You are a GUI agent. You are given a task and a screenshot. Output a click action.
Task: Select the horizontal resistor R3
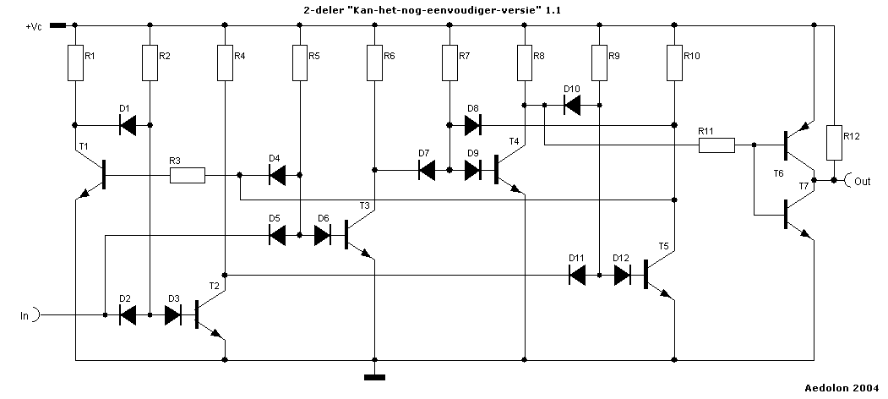coord(188,176)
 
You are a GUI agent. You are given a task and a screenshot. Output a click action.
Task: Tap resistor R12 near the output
coord(833,143)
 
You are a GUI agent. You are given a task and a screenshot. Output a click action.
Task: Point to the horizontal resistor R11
coord(716,145)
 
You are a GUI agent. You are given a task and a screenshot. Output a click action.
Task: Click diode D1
coord(128,125)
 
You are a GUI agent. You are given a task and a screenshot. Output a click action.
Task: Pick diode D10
coord(572,105)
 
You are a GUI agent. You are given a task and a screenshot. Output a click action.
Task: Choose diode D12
coord(622,275)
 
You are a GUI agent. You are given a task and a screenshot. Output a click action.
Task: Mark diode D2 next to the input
coord(128,315)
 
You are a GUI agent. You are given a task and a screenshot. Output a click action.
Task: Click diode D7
coord(427,170)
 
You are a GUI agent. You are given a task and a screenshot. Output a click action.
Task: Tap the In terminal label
coord(25,316)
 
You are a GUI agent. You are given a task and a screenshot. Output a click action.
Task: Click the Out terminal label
coord(862,181)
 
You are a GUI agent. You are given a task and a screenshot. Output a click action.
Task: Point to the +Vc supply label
coord(34,27)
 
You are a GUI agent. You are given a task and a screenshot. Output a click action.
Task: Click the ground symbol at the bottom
coord(374,377)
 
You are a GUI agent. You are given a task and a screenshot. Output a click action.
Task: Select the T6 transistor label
coord(778,173)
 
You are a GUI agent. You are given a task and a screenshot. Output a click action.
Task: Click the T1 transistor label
coord(83,146)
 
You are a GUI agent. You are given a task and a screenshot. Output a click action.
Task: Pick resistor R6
coord(374,63)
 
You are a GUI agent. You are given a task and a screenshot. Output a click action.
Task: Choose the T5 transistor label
coord(664,247)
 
